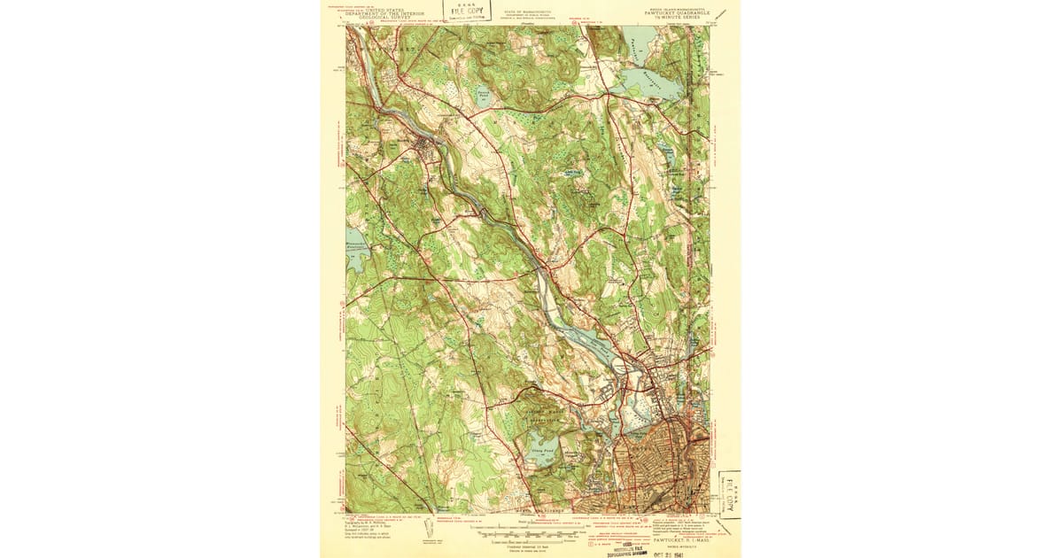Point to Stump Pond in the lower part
coord(541,453)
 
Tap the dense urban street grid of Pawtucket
coord(660,469)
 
